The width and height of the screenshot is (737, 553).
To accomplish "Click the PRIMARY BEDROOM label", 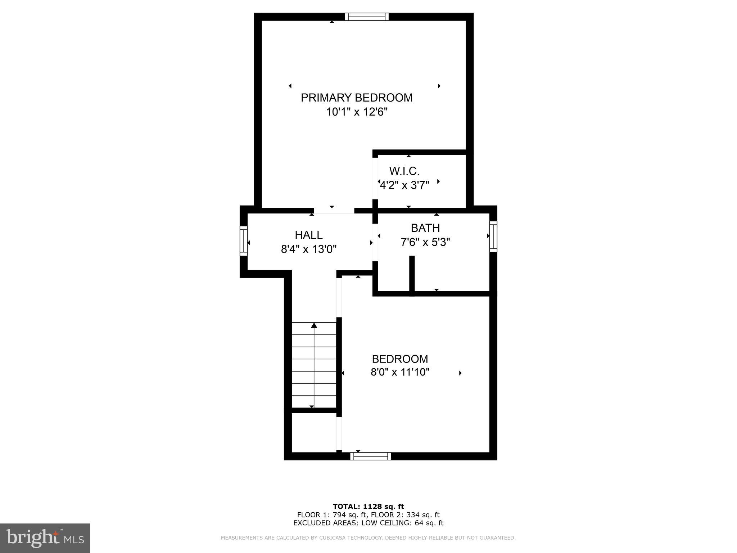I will [356, 98].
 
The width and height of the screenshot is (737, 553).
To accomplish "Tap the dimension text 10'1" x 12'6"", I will [356, 112].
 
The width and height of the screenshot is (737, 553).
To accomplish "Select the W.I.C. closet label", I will [404, 171].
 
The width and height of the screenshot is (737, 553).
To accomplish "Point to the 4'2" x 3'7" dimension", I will [404, 185].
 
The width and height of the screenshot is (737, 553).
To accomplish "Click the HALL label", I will [308, 235].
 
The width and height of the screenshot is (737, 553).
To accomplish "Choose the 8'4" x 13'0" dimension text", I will [308, 249].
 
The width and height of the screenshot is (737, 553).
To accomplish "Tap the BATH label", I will [425, 228].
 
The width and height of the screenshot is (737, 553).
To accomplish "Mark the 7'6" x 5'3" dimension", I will [425, 242].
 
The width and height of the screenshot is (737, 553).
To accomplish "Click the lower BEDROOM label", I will [400, 359].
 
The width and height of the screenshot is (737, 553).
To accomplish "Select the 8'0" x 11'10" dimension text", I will [400, 372].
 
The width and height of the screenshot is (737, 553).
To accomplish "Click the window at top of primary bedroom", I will [367, 17].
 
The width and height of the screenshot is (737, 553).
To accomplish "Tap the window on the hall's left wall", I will [244, 241].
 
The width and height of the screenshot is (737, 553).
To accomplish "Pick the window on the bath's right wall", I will [493, 236].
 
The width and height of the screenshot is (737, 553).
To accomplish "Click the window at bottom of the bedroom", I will [371, 457].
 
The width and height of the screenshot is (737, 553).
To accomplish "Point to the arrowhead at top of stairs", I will [314, 325].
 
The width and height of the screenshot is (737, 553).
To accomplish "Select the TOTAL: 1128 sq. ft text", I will [368, 507].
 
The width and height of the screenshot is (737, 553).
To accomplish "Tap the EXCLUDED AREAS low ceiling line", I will [368, 523].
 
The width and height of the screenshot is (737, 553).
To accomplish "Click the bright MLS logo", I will [45, 538].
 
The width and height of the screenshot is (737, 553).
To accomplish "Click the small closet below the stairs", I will [313, 432].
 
